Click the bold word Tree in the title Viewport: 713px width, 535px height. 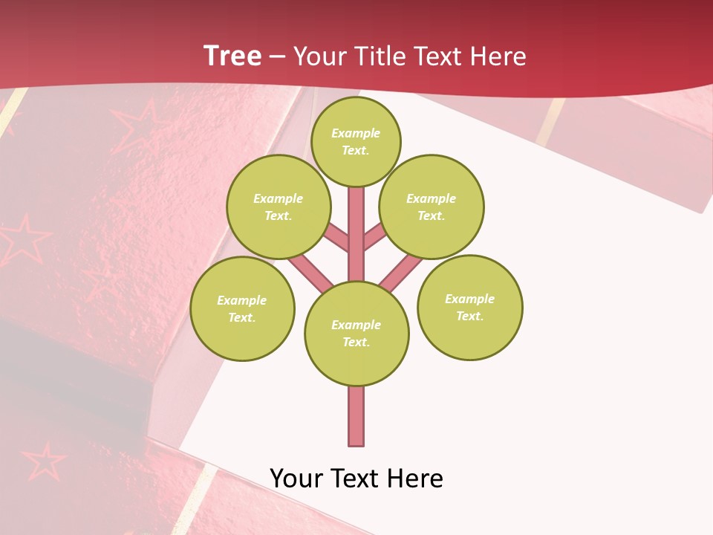(232, 56)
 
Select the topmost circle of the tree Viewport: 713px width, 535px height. (356, 141)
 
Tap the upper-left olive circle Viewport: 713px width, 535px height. (278, 207)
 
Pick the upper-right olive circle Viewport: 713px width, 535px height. (431, 207)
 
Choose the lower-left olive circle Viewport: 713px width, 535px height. (242, 308)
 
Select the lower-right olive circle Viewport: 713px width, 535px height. (469, 307)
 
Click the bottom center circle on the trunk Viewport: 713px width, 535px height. (356, 333)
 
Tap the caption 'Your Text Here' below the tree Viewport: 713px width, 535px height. (356, 479)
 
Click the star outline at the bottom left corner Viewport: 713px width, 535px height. (43, 461)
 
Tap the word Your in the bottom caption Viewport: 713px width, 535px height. (296, 479)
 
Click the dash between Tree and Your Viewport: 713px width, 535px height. (277, 56)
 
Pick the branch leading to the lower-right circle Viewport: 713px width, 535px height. (401, 272)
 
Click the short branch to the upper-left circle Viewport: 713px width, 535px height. (336, 238)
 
